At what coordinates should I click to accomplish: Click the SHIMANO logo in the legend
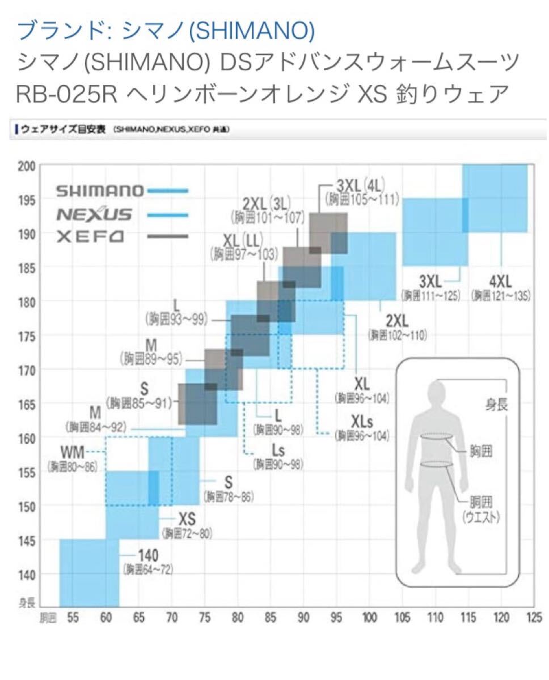click(100, 191)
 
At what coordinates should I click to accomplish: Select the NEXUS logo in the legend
click(95, 215)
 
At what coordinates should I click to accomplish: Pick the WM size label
click(73, 453)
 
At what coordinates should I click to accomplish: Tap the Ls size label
click(278, 450)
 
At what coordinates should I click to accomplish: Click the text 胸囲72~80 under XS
click(186, 533)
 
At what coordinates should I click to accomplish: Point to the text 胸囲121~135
click(501, 296)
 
